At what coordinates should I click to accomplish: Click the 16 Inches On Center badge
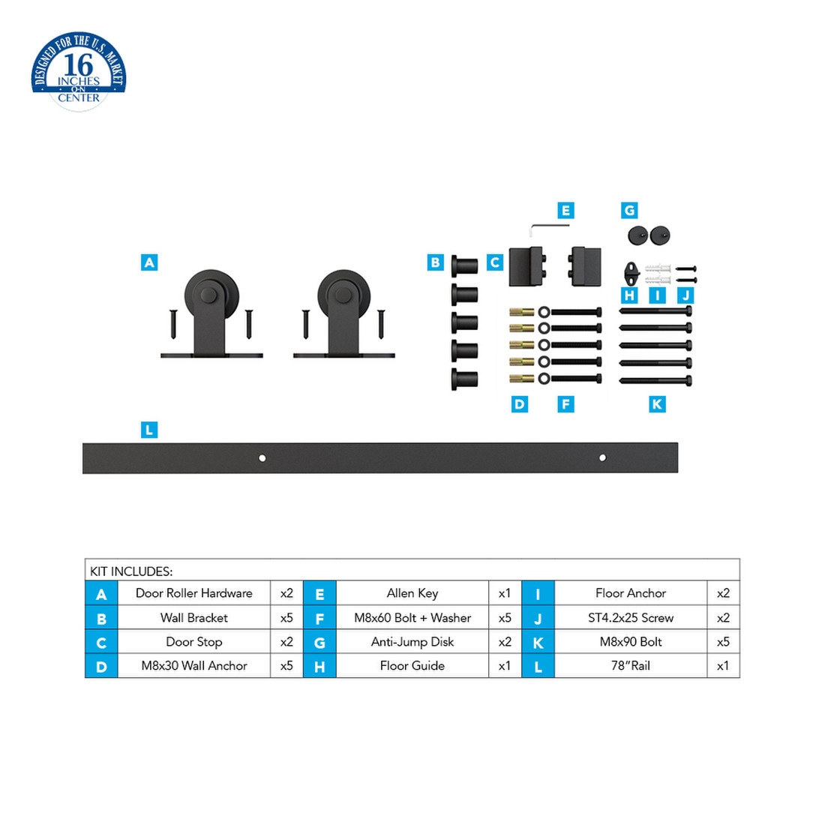tap(79, 71)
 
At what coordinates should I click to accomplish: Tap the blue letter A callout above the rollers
tap(149, 262)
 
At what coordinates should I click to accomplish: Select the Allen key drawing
tap(548, 228)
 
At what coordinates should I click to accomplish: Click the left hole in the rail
tap(262, 458)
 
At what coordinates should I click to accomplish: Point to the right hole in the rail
tap(602, 457)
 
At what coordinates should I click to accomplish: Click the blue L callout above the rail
tap(149, 429)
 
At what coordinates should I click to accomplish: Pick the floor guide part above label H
tap(631, 274)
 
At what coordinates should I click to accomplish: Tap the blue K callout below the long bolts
tap(657, 404)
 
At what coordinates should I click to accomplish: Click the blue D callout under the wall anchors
tap(519, 404)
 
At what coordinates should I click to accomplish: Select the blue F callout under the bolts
tap(565, 404)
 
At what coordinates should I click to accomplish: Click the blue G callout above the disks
tap(629, 211)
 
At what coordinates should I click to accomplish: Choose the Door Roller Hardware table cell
tap(194, 593)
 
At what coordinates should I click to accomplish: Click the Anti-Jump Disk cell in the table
tap(412, 641)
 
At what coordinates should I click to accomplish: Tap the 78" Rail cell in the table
tap(631, 665)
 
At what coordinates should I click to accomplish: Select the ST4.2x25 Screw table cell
tap(631, 617)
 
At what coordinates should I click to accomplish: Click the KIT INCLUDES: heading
tap(131, 571)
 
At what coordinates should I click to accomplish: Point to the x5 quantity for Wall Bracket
tap(286, 617)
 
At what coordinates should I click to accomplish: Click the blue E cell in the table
tap(320, 593)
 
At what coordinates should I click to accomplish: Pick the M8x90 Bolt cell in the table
tap(631, 641)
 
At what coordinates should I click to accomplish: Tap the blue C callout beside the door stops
tap(494, 262)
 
